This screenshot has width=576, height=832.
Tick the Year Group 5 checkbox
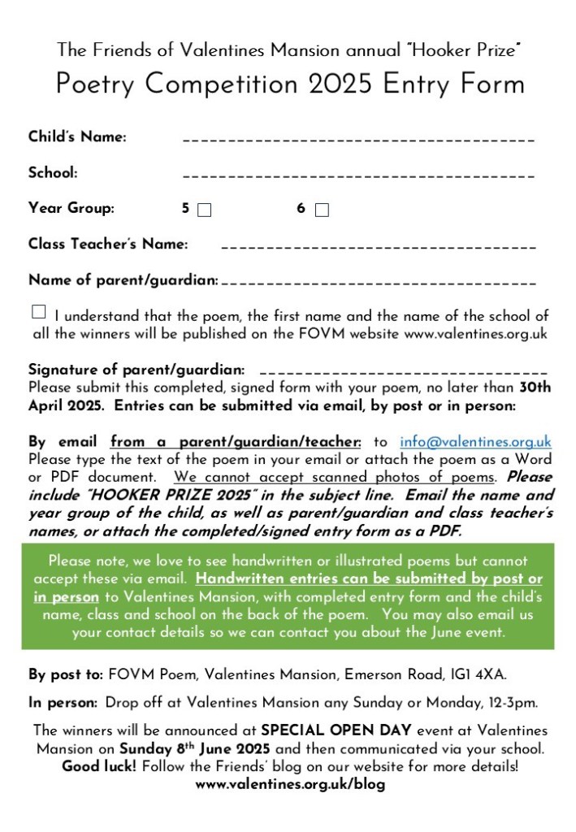pyautogui.click(x=205, y=210)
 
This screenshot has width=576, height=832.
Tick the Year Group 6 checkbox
pyautogui.click(x=322, y=210)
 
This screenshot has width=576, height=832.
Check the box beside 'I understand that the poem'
pyautogui.click(x=39, y=312)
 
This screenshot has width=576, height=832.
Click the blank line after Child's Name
pyautogui.click(x=358, y=141)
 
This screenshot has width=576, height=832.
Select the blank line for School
pyautogui.click(x=358, y=175)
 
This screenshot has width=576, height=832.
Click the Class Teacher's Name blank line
pyautogui.click(x=378, y=246)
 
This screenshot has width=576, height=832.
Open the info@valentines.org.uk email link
pyautogui.click(x=475, y=443)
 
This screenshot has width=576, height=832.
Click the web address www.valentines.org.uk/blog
pyautogui.click(x=290, y=785)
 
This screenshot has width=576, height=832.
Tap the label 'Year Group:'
pyautogui.click(x=71, y=208)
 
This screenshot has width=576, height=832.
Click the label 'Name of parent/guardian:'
pyautogui.click(x=123, y=280)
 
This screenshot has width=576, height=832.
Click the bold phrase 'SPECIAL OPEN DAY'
pyautogui.click(x=321, y=731)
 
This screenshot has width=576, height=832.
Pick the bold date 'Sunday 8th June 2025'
pyautogui.click(x=195, y=748)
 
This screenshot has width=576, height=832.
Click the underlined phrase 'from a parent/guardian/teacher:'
pyautogui.click(x=236, y=443)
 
